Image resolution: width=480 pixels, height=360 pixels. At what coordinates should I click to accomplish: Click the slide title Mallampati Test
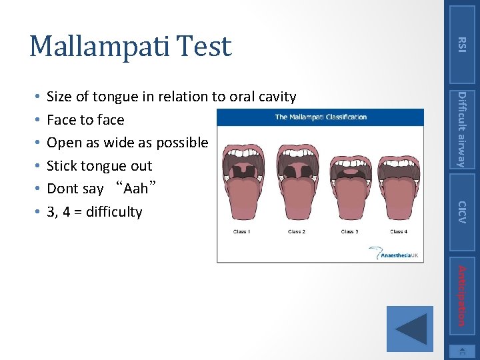tap(131, 46)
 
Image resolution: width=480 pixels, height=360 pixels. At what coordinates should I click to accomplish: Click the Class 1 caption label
tap(241, 232)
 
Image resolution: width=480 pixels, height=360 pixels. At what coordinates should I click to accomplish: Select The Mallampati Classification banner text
tap(321, 117)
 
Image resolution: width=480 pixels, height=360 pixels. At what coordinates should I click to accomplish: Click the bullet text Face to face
tap(85, 120)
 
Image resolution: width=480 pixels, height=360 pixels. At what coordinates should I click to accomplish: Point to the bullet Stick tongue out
tap(99, 166)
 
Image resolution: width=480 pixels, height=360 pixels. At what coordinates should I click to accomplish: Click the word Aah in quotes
tap(135, 189)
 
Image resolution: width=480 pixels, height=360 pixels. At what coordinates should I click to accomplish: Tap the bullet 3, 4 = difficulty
tap(95, 212)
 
